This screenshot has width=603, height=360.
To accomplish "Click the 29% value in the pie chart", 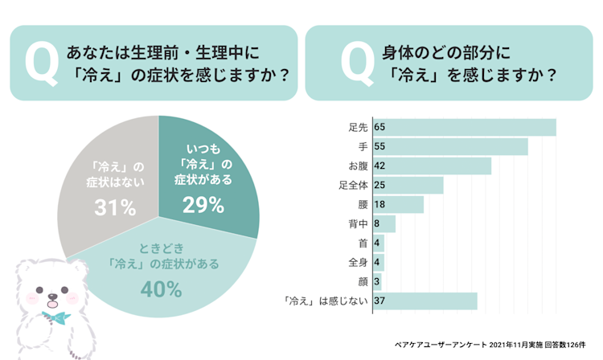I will (x=203, y=206).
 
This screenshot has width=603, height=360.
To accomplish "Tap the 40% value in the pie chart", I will (x=161, y=289).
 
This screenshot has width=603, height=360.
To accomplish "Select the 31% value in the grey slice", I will (x=115, y=208).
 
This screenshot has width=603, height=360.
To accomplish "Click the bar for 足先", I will (x=464, y=128).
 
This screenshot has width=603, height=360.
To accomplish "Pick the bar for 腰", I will (x=397, y=204).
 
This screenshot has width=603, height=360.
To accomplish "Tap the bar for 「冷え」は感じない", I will (x=425, y=301).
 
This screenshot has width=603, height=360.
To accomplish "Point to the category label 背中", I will (x=358, y=224).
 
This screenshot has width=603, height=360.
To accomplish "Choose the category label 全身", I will (x=358, y=263).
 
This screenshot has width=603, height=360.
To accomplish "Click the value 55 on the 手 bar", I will (x=379, y=147).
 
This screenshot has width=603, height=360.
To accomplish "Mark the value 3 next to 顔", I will (x=377, y=282).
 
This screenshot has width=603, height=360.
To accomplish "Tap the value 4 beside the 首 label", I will (x=377, y=243).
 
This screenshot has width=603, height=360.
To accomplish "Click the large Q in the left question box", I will (x=41, y=65).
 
